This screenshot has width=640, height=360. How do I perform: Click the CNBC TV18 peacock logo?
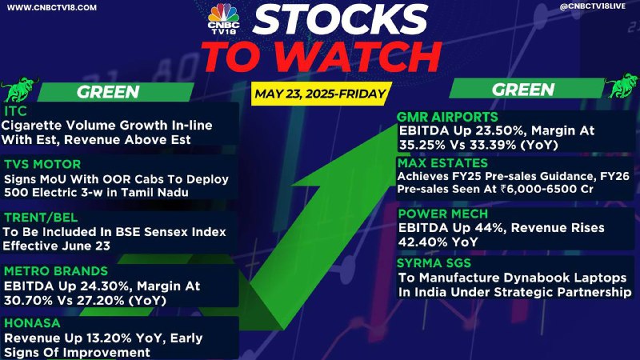click(223, 18)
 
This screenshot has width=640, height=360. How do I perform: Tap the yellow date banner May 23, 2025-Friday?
click(321, 94)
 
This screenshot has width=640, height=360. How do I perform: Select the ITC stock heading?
click(15, 110)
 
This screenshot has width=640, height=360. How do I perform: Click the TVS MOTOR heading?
click(42, 164)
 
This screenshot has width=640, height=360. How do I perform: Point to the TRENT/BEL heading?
click(41, 217)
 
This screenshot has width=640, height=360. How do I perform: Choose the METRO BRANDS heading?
click(56, 271)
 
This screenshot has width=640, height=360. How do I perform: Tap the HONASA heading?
click(32, 323)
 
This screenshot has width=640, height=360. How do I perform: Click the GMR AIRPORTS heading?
click(447, 117)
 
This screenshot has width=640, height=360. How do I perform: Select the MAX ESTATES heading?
click(443, 163)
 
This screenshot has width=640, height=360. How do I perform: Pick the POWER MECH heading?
click(443, 214)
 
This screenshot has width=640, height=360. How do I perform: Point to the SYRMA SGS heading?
click(434, 263)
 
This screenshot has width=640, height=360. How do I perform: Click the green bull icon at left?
click(19, 89)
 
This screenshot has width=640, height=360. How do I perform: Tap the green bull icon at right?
click(622, 86)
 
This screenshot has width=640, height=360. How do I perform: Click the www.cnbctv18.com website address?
click(52, 8)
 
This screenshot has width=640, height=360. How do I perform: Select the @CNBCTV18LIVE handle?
click(592, 6)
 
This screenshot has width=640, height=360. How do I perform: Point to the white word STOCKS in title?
click(340, 19)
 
